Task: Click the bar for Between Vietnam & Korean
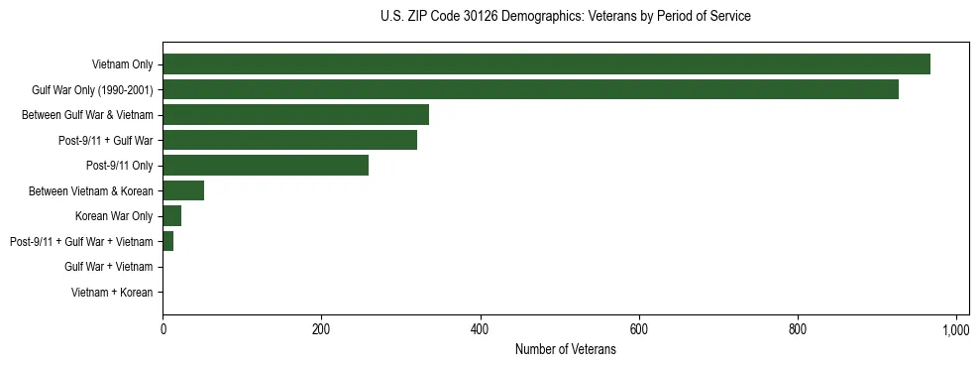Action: point(183,190)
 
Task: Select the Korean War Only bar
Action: point(171,216)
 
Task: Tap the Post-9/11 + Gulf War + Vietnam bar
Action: point(167,241)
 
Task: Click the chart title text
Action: point(565,17)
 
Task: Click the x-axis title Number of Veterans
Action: point(565,350)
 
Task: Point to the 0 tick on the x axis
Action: point(163,330)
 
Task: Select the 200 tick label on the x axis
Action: point(321,330)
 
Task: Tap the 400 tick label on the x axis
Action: point(480,330)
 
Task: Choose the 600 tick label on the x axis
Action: point(638,330)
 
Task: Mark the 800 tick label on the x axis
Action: point(797,330)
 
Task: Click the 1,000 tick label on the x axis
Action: point(955,330)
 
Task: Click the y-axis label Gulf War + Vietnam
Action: point(108,267)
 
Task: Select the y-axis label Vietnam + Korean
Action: point(112,293)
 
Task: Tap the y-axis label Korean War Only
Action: point(114,216)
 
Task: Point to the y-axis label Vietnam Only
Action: point(122,64)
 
